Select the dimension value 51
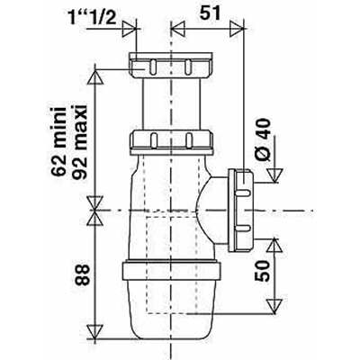[x=211, y=13]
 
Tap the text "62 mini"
[x=58, y=142]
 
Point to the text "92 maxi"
[x=79, y=142]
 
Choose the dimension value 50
[x=262, y=271]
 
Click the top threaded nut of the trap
[x=172, y=65]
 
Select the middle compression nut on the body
[x=172, y=140]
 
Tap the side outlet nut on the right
[x=241, y=210]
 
